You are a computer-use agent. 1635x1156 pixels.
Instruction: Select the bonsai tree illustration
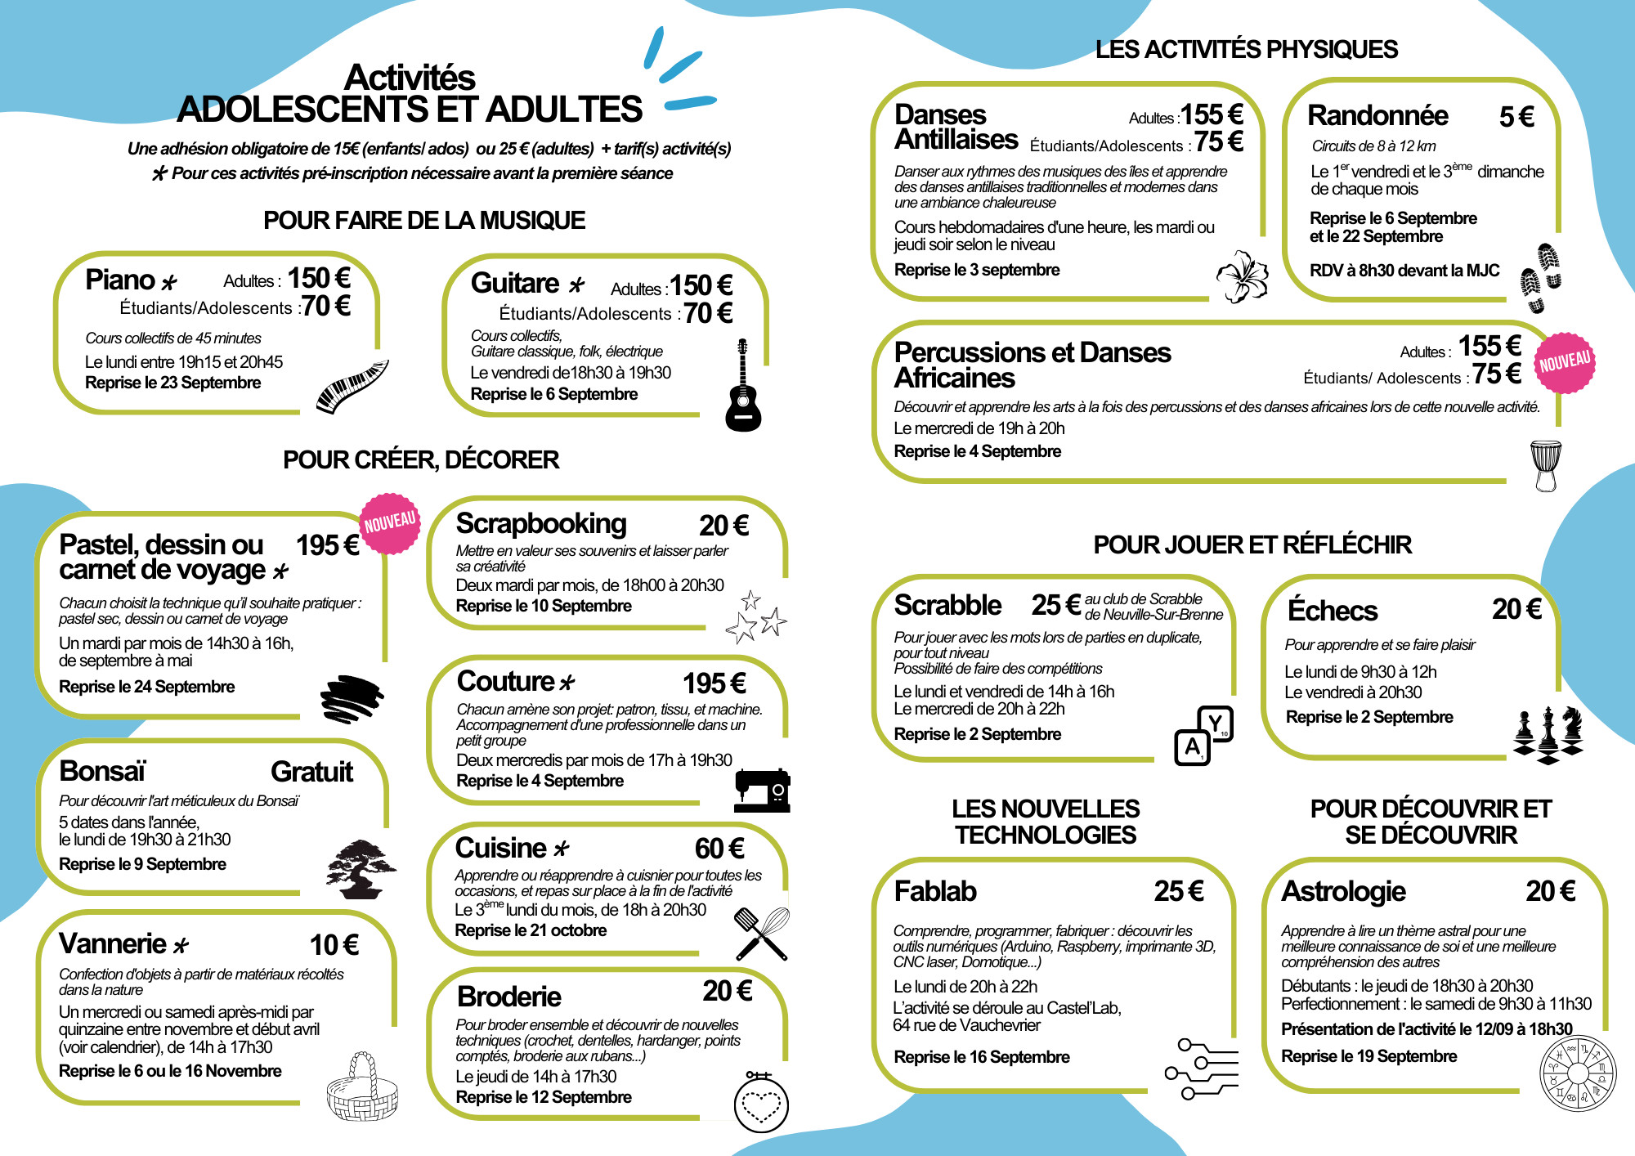[361, 868]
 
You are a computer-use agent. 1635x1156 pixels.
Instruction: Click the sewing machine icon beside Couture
[762, 790]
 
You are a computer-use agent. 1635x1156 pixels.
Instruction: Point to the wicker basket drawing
[362, 1088]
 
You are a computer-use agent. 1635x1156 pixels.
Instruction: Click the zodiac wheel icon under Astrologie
[1578, 1073]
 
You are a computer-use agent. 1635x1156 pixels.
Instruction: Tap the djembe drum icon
[1545, 465]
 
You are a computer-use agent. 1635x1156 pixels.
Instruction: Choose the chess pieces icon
[1548, 734]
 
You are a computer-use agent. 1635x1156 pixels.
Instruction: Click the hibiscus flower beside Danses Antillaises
[1243, 276]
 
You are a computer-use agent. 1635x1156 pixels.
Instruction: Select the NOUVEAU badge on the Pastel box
[390, 523]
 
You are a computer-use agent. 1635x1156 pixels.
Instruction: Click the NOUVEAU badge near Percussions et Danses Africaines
[1565, 362]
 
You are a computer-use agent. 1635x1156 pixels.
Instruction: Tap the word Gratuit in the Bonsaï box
[311, 772]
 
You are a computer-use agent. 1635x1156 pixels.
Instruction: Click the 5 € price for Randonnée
[1516, 117]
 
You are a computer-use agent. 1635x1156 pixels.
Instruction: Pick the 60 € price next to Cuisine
[719, 849]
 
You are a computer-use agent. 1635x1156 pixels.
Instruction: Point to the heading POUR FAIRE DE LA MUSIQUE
[424, 220]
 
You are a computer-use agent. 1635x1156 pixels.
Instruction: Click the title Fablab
[935, 891]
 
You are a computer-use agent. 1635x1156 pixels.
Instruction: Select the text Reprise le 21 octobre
[531, 930]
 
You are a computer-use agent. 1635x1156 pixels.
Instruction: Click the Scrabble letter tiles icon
[1203, 735]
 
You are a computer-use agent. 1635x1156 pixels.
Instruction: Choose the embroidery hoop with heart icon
[761, 1102]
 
